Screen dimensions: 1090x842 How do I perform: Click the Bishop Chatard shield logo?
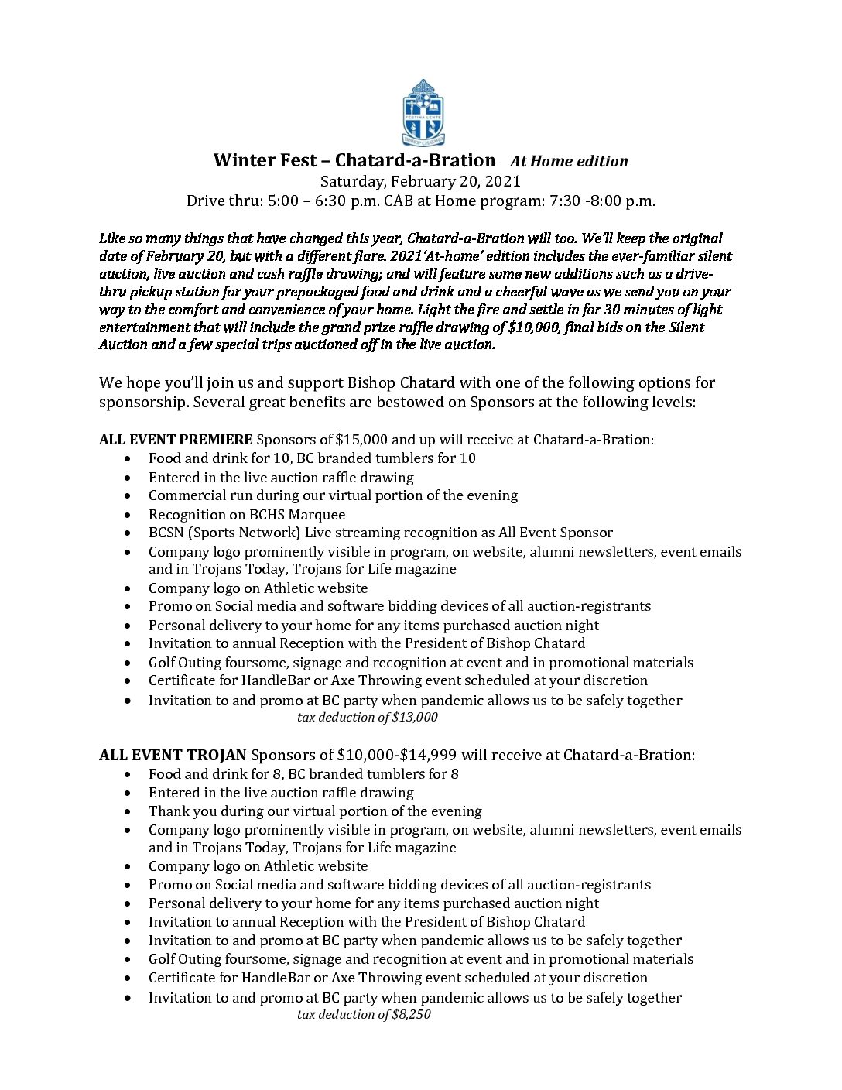(423, 112)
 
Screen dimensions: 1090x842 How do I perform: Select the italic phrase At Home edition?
(569, 161)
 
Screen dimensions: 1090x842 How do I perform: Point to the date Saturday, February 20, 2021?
(420, 181)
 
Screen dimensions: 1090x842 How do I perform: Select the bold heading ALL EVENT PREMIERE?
(176, 439)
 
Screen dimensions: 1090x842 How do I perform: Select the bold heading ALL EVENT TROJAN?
(173, 755)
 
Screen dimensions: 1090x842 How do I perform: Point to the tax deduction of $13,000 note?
(367, 717)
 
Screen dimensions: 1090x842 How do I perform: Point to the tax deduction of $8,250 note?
(364, 1014)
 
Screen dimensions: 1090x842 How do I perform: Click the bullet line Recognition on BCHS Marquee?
(247, 514)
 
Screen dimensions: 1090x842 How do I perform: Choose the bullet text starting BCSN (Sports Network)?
(380, 533)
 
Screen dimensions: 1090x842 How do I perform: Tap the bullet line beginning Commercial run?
(333, 495)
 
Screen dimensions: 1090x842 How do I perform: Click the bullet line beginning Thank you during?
(315, 811)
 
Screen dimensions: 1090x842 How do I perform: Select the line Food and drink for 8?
(303, 773)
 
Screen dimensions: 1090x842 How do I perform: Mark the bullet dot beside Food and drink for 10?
(128, 458)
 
